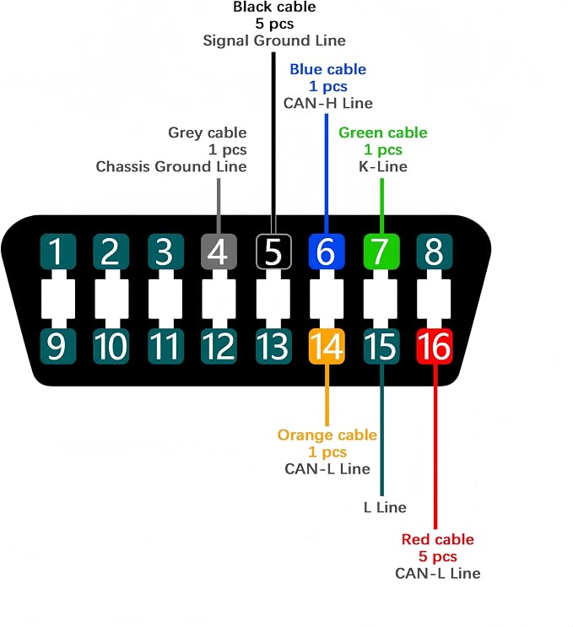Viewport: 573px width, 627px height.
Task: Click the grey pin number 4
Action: click(x=219, y=251)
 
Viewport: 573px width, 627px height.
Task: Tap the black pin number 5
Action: click(x=273, y=251)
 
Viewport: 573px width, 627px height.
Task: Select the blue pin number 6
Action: click(x=327, y=251)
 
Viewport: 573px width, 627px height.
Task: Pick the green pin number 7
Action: click(x=381, y=251)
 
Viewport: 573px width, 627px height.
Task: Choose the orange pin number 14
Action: click(x=327, y=346)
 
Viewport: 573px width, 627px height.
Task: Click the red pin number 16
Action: click(x=435, y=346)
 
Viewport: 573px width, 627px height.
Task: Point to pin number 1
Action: click(x=58, y=251)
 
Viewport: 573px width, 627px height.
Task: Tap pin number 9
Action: click(x=58, y=346)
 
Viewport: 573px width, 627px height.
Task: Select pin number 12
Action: click(x=219, y=346)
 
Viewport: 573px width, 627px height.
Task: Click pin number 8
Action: click(x=435, y=251)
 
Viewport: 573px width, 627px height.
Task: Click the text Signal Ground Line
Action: click(x=274, y=41)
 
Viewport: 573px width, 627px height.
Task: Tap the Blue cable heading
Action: click(x=328, y=69)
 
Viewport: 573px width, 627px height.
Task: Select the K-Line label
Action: click(x=383, y=166)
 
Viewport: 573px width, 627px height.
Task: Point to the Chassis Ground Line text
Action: click(x=171, y=166)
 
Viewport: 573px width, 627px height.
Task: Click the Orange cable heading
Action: click(x=327, y=435)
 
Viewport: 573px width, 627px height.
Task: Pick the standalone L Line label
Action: click(x=385, y=507)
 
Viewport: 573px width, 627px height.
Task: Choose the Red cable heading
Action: click(x=438, y=539)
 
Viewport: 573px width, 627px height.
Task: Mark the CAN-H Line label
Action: click(x=328, y=103)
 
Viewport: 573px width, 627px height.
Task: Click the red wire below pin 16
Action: click(x=435, y=446)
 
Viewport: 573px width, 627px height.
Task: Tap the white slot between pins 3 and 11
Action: click(x=165, y=299)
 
